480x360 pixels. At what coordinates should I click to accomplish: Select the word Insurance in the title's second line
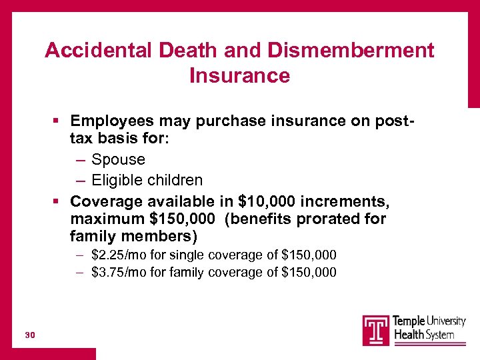pos(239,76)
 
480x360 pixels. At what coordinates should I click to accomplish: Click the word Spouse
pos(118,159)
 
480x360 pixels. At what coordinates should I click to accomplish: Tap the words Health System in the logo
pos(425,335)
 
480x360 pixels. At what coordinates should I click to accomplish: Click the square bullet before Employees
pos(57,121)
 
